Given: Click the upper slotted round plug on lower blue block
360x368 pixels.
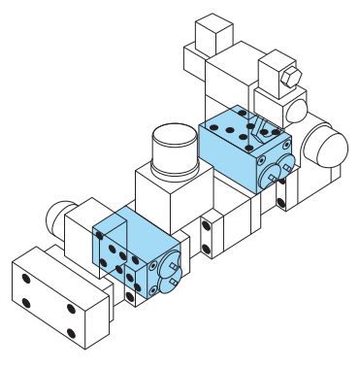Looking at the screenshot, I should [173, 262].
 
